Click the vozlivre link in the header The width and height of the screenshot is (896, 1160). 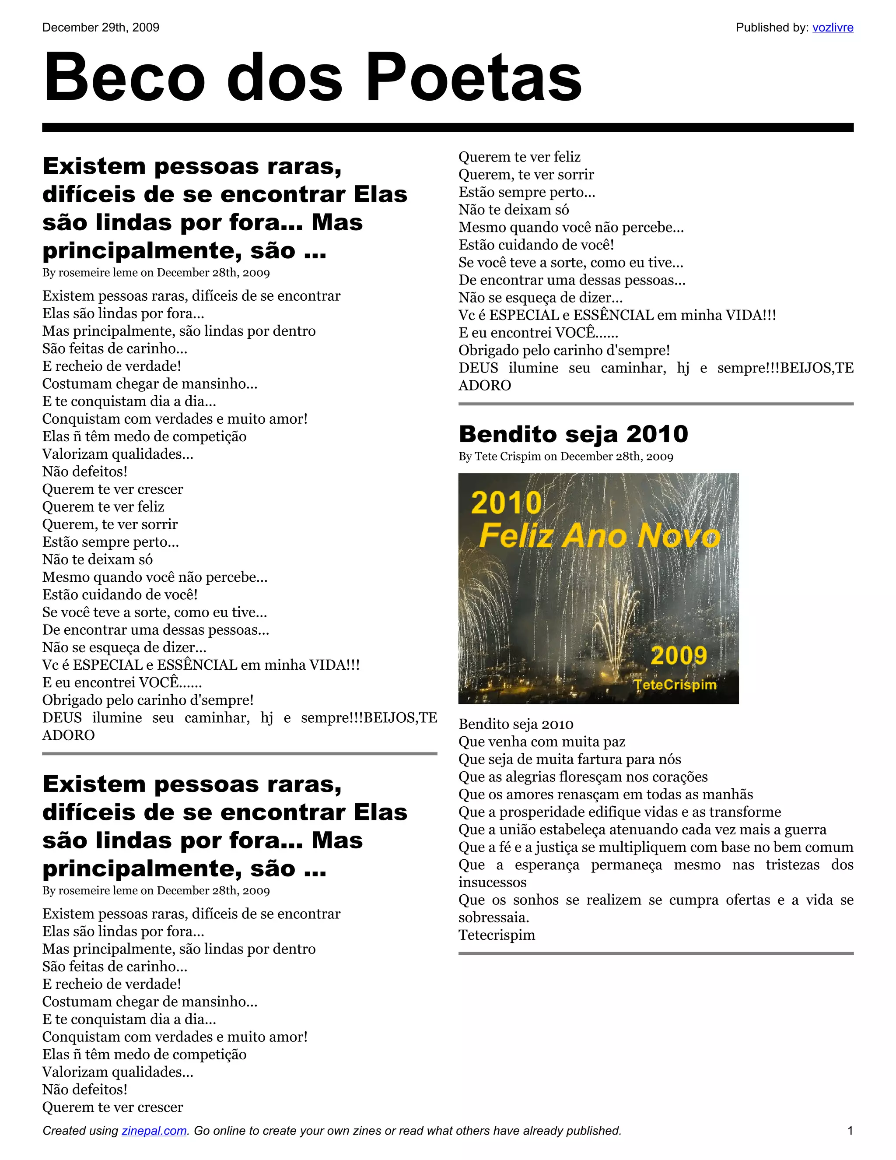pyautogui.click(x=832, y=28)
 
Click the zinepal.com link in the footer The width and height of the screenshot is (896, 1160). pyautogui.click(x=154, y=1130)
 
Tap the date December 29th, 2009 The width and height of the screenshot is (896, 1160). pyautogui.click(x=101, y=28)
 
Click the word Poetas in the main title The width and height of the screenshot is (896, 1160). pyautogui.click(x=474, y=77)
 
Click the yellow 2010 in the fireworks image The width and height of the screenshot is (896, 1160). pyautogui.click(x=506, y=503)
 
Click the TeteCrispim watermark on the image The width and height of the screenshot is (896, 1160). pyautogui.click(x=675, y=685)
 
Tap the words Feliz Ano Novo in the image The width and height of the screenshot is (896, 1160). pyautogui.click(x=600, y=535)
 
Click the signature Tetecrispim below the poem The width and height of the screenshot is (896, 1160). pyautogui.click(x=497, y=935)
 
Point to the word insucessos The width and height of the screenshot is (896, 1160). pyautogui.click(x=493, y=882)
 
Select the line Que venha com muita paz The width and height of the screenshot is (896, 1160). pyautogui.click(x=542, y=742)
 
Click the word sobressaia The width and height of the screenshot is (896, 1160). pyautogui.click(x=493, y=917)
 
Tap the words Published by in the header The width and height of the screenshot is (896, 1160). pyautogui.click(x=772, y=28)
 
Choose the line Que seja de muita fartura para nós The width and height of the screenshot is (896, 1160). pyautogui.click(x=570, y=759)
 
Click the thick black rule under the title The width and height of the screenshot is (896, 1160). pyautogui.click(x=448, y=127)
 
